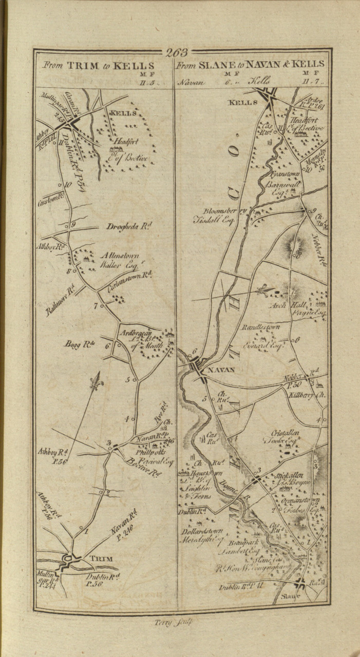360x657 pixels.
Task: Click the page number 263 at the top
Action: click(177, 52)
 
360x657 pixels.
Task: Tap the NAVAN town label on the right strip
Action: click(221, 370)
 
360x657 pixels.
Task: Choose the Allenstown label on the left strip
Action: click(123, 255)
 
